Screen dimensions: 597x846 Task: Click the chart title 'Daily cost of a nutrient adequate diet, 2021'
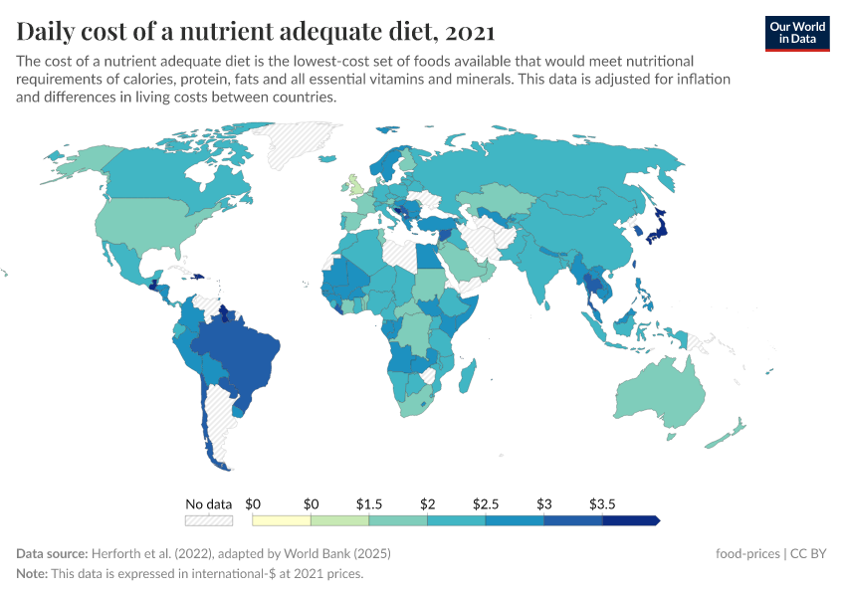click(x=256, y=31)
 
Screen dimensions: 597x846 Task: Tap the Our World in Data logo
click(x=796, y=33)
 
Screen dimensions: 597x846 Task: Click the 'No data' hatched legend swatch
click(x=209, y=520)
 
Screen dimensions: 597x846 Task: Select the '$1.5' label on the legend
click(x=369, y=504)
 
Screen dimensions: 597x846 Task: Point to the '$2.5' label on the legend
click(x=486, y=504)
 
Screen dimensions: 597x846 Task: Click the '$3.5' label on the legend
click(x=602, y=504)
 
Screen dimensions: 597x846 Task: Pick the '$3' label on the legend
click(x=543, y=504)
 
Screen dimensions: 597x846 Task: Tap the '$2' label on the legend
click(x=427, y=504)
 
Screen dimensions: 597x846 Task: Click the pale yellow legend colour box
click(x=282, y=520)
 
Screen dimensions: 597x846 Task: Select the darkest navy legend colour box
click(x=629, y=520)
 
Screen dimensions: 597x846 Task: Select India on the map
click(x=543, y=274)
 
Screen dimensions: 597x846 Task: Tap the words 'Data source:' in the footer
click(x=52, y=553)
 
